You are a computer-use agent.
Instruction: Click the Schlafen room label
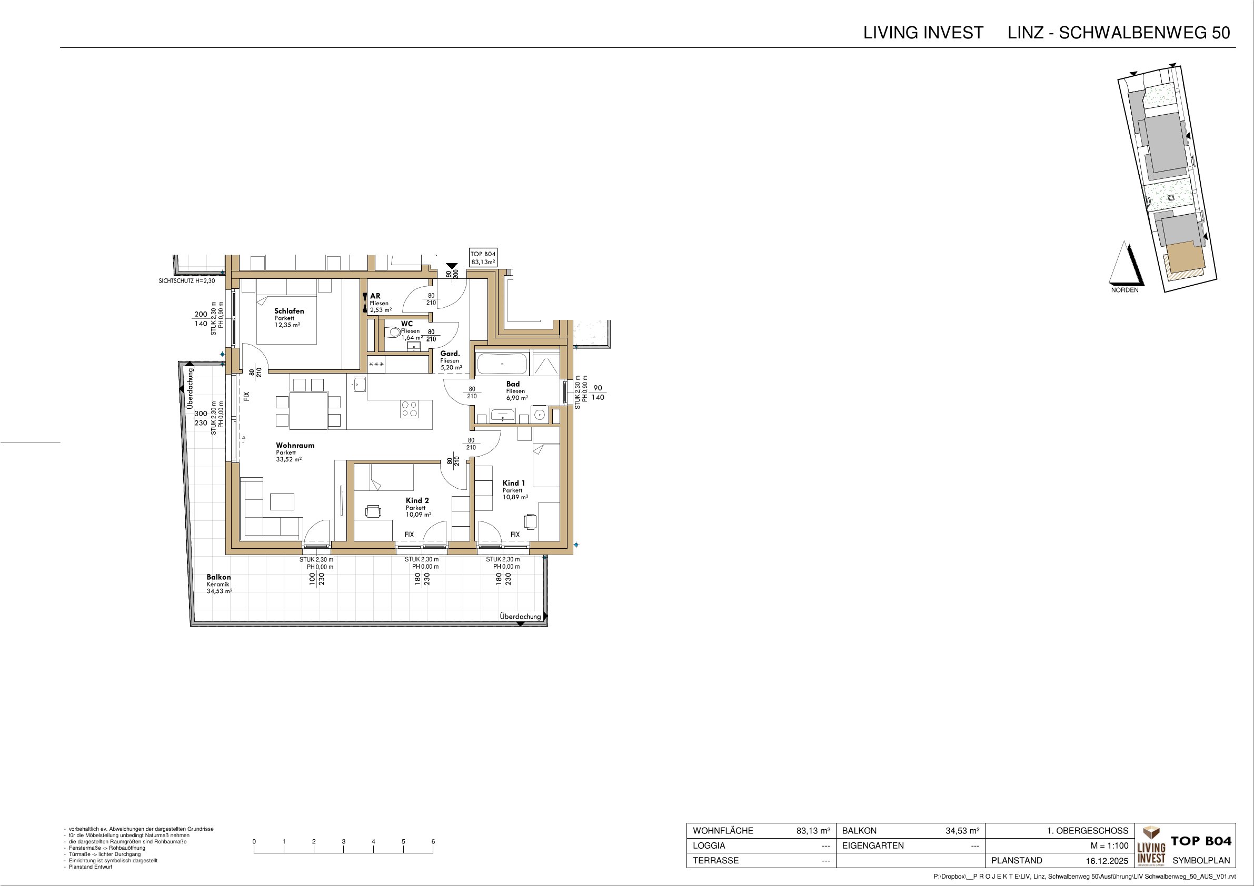(x=289, y=311)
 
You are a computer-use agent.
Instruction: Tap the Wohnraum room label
(x=295, y=446)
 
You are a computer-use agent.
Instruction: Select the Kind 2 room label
(x=417, y=500)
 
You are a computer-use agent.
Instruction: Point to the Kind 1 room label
(x=513, y=483)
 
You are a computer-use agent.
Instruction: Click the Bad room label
(x=513, y=384)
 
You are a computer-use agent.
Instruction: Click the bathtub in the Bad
(x=502, y=364)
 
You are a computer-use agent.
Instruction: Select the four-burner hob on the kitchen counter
(x=410, y=409)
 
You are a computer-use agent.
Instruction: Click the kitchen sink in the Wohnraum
(x=360, y=384)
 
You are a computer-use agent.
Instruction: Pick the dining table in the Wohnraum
(x=308, y=410)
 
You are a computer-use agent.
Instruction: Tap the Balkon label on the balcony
(x=218, y=577)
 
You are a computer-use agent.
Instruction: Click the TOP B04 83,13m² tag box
(x=483, y=258)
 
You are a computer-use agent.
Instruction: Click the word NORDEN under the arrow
(x=1124, y=290)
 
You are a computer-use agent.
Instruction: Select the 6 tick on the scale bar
(x=433, y=842)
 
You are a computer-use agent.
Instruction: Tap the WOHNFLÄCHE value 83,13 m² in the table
(x=813, y=831)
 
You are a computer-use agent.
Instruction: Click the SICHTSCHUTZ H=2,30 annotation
(x=187, y=281)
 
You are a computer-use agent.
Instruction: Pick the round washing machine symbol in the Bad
(x=540, y=416)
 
